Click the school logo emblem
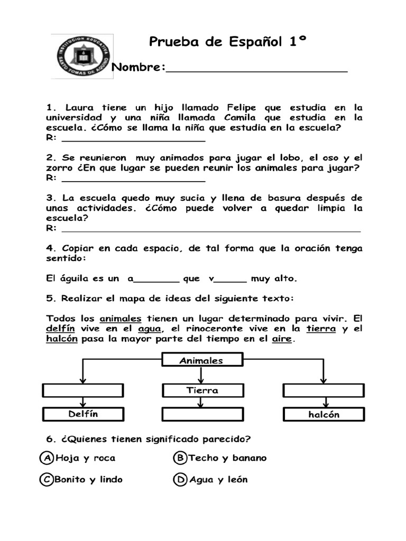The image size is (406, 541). (82, 57)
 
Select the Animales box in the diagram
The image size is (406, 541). (201, 361)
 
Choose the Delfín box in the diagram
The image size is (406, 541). (83, 414)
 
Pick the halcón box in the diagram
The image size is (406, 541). (324, 415)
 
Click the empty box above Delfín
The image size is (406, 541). (83, 390)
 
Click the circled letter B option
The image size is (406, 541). (180, 458)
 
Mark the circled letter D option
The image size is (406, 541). (180, 480)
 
